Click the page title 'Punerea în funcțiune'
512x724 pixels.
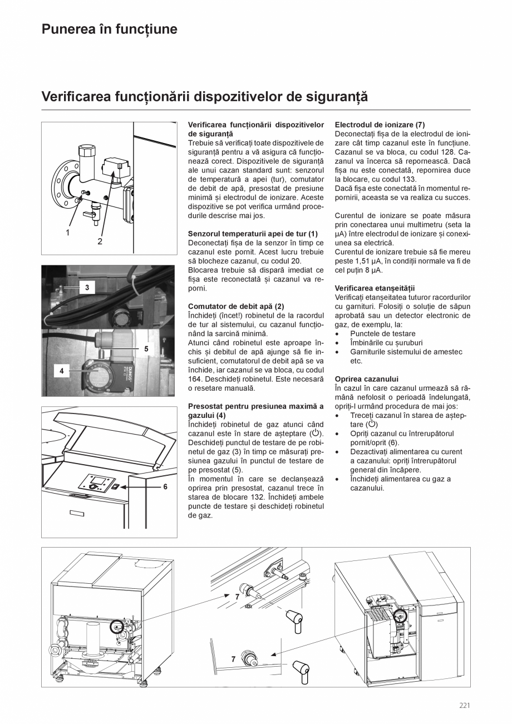point(110,29)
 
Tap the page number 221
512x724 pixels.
point(465,706)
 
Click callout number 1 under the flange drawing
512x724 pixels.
point(68,233)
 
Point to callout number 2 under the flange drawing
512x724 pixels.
point(100,241)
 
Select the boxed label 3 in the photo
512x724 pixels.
point(87,287)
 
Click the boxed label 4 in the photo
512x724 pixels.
point(62,370)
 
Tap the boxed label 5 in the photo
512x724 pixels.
point(146,349)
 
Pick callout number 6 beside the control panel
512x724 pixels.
point(165,486)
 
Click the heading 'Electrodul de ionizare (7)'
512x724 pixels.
point(380,125)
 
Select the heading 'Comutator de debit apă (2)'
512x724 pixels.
point(236,306)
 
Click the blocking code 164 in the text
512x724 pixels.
point(195,379)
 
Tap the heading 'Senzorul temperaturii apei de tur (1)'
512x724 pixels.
point(253,234)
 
